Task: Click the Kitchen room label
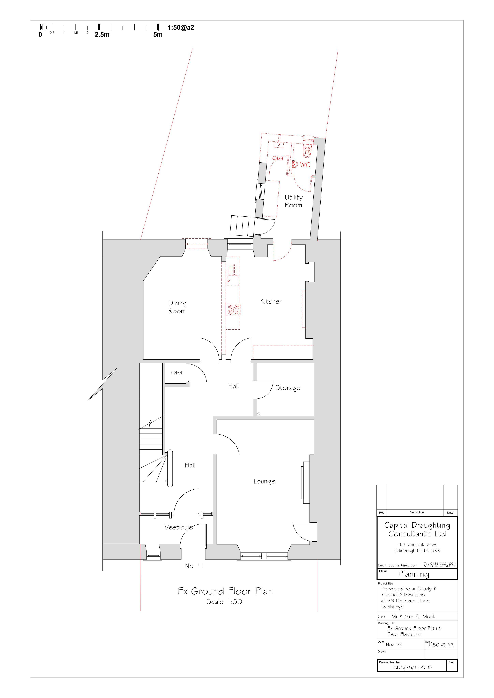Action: coord(271,302)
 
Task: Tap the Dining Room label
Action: coord(177,307)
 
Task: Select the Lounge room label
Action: coord(264,481)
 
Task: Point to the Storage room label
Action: coord(288,388)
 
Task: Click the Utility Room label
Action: coord(293,201)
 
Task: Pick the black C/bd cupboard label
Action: coord(176,373)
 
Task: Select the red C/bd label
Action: coord(277,158)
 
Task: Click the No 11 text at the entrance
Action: coord(194,566)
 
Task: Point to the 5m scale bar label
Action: coord(158,35)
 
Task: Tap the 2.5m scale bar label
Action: coord(102,35)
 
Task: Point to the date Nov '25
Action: coord(394,644)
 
